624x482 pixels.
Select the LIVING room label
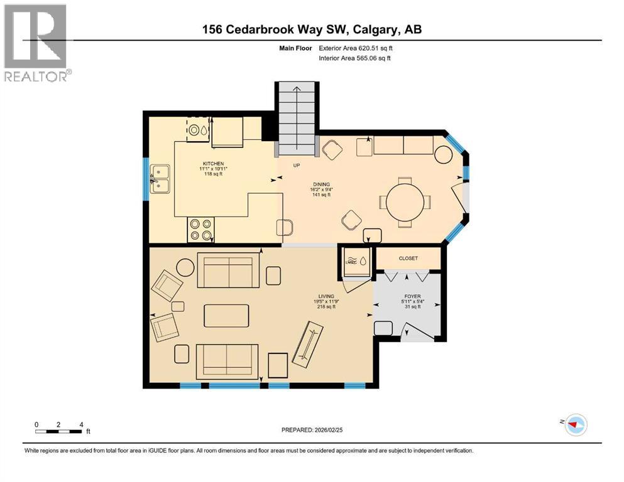tap(326, 296)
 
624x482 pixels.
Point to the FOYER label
tap(412, 296)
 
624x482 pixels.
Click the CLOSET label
tap(408, 258)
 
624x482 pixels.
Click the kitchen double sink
tap(160, 178)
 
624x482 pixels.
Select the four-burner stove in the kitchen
tap(201, 229)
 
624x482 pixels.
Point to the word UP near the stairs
tap(298, 165)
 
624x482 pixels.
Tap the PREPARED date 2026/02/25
tap(312, 430)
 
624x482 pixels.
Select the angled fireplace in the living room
tap(306, 345)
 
